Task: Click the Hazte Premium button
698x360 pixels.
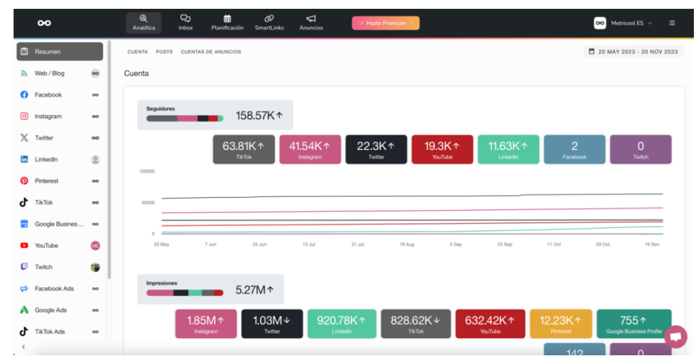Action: tap(386, 23)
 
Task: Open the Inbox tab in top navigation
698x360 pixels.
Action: tap(185, 22)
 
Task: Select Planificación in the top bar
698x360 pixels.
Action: tap(228, 22)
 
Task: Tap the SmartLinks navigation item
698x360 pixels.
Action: tap(269, 22)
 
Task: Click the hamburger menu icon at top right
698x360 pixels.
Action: tap(672, 23)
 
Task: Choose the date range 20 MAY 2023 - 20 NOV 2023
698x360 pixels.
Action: tap(633, 52)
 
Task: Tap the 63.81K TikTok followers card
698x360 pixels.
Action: tap(243, 149)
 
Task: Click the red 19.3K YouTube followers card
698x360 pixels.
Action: tap(442, 149)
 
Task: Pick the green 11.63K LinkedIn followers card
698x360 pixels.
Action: tap(509, 149)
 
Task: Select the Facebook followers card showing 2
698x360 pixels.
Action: tap(575, 149)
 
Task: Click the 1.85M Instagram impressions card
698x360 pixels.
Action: tap(206, 324)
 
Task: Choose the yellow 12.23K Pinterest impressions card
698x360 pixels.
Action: tap(561, 324)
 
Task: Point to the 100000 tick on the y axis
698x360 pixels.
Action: tap(147, 172)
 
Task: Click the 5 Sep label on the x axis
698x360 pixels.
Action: tap(455, 245)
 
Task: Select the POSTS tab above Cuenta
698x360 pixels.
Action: tap(164, 52)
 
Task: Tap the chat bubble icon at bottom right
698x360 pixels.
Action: tap(676, 337)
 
